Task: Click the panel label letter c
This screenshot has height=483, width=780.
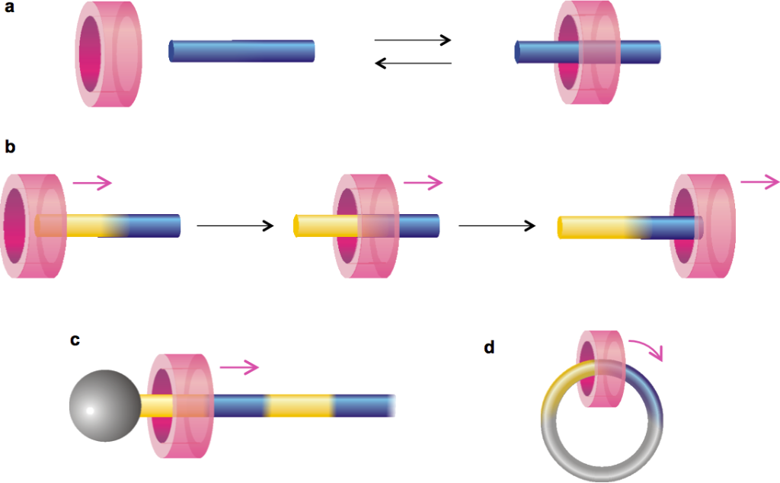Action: pyautogui.click(x=75, y=340)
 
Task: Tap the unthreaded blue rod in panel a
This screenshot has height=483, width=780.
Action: pyautogui.click(x=241, y=51)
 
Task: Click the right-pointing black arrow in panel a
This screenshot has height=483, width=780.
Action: pyautogui.click(x=414, y=40)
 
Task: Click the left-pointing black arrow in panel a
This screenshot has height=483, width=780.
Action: pyautogui.click(x=414, y=63)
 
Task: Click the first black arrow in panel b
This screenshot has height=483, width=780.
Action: pyautogui.click(x=235, y=226)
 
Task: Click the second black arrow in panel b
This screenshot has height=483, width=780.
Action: pyautogui.click(x=495, y=226)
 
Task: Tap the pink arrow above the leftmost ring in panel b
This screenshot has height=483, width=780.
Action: pyautogui.click(x=92, y=182)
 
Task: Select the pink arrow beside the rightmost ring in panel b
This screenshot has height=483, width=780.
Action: pyautogui.click(x=759, y=181)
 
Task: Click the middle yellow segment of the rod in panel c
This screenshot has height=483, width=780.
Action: pyautogui.click(x=299, y=405)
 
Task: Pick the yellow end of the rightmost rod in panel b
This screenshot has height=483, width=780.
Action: pyautogui.click(x=594, y=227)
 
